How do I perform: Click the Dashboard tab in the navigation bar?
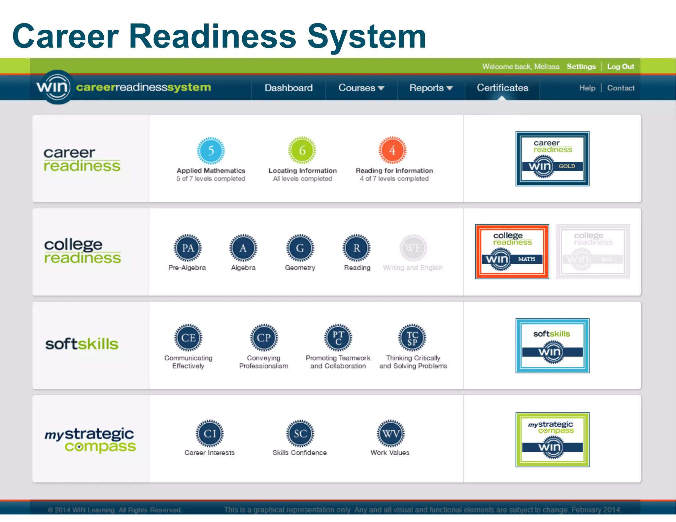pyautogui.click(x=288, y=88)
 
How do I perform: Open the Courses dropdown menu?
pyautogui.click(x=361, y=88)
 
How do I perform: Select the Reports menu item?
pyautogui.click(x=431, y=88)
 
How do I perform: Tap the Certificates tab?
pyautogui.click(x=502, y=88)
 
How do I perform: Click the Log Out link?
pyautogui.click(x=621, y=67)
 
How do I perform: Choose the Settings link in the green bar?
pyautogui.click(x=581, y=67)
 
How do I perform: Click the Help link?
pyautogui.click(x=587, y=88)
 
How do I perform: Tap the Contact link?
pyautogui.click(x=621, y=88)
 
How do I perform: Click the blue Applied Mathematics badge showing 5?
pyautogui.click(x=211, y=151)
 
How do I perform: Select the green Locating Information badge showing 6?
pyautogui.click(x=302, y=150)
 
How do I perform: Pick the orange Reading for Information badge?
pyautogui.click(x=392, y=150)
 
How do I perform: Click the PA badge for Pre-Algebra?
pyautogui.click(x=188, y=248)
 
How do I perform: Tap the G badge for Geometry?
pyautogui.click(x=300, y=248)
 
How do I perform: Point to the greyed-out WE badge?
pyautogui.click(x=413, y=248)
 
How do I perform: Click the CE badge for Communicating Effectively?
pyautogui.click(x=188, y=338)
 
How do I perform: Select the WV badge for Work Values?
pyautogui.click(x=391, y=434)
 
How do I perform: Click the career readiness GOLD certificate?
pyautogui.click(x=552, y=159)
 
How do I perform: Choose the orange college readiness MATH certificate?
pyautogui.click(x=512, y=252)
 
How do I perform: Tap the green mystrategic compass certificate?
pyautogui.click(x=552, y=440)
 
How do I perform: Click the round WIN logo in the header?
pyautogui.click(x=53, y=87)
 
